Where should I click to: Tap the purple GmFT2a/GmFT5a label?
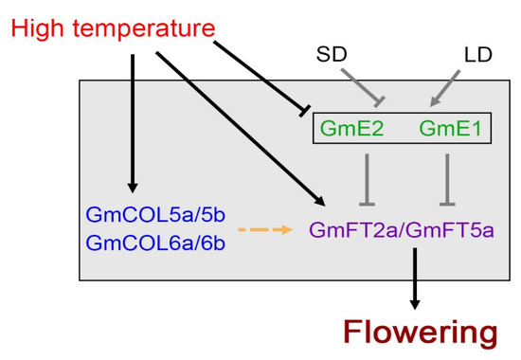click(x=403, y=230)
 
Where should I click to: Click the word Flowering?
click(x=419, y=332)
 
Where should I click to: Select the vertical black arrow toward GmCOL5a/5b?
click(x=133, y=123)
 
